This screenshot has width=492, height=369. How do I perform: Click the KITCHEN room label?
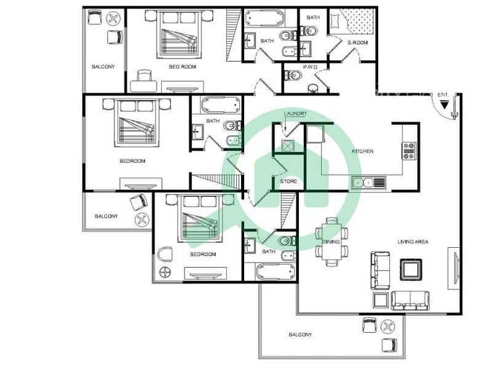(x=362, y=151)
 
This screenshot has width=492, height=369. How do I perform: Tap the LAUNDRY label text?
(x=295, y=114)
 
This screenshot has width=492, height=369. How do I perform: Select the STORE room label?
(x=288, y=181)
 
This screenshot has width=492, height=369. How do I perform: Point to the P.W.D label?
(x=311, y=67)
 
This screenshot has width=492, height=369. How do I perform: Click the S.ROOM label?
(x=358, y=42)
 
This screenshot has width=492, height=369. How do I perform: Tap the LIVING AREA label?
(x=413, y=242)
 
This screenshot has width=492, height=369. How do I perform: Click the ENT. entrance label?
(x=443, y=95)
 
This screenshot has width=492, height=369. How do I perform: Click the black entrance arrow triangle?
(x=444, y=105)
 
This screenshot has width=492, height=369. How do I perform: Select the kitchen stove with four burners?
(x=410, y=151)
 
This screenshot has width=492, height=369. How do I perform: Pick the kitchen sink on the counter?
(x=369, y=182)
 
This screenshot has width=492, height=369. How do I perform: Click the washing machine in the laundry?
(x=288, y=146)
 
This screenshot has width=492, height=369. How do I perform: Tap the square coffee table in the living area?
(x=411, y=269)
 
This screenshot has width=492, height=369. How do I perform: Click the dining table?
(x=331, y=242)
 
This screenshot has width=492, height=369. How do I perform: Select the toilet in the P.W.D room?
(x=293, y=76)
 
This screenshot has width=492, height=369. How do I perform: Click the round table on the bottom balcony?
(x=388, y=327)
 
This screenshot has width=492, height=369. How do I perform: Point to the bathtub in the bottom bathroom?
(x=275, y=272)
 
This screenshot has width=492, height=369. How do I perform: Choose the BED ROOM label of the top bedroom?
(x=182, y=67)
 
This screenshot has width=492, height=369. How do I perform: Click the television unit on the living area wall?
(x=454, y=268)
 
